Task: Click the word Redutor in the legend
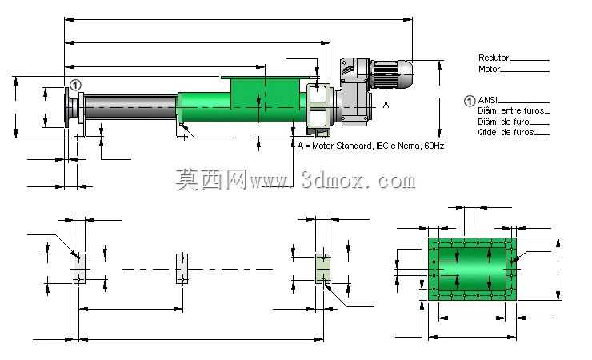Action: point(494,58)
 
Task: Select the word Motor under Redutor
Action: point(489,69)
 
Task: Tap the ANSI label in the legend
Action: point(487,100)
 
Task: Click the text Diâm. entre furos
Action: point(511,110)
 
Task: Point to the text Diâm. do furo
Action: point(504,122)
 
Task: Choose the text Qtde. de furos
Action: point(506,132)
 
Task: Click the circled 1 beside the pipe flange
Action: point(75,85)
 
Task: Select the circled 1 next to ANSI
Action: point(470,101)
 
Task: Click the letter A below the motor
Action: point(386,105)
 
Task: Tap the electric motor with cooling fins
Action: point(391,74)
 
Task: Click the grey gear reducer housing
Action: point(354,92)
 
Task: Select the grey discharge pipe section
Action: point(130,106)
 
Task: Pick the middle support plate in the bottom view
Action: point(182,269)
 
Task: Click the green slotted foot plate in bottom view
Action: point(323,269)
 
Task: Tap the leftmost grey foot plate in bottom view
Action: point(79,269)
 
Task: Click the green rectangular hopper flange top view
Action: point(472,269)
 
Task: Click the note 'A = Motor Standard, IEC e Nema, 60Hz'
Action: point(370,146)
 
